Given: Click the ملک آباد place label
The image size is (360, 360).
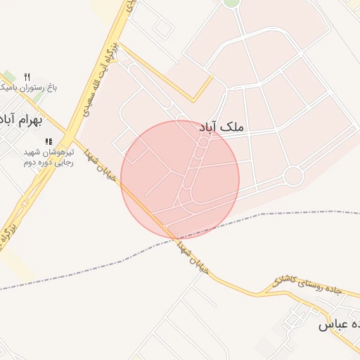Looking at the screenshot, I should point(221,127).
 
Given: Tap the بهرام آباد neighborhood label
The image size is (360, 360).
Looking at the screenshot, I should point(21,120).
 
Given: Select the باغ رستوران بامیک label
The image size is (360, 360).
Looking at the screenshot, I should point(28,88).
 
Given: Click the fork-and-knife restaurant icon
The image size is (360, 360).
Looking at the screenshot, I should point(27,76).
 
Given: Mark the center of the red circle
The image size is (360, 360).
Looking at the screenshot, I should point(180,179).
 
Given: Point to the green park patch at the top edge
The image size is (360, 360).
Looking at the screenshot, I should point(231,3).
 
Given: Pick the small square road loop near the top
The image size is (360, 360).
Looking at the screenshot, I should point(163,27).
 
